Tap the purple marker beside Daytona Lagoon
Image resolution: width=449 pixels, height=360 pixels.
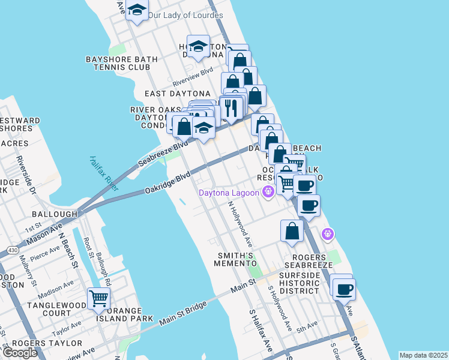268,192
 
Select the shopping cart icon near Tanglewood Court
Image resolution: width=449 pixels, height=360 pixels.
98,298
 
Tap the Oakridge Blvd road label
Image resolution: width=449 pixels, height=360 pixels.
167,183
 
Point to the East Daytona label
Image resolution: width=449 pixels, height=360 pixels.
178,94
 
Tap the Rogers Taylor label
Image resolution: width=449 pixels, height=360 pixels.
47,343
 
